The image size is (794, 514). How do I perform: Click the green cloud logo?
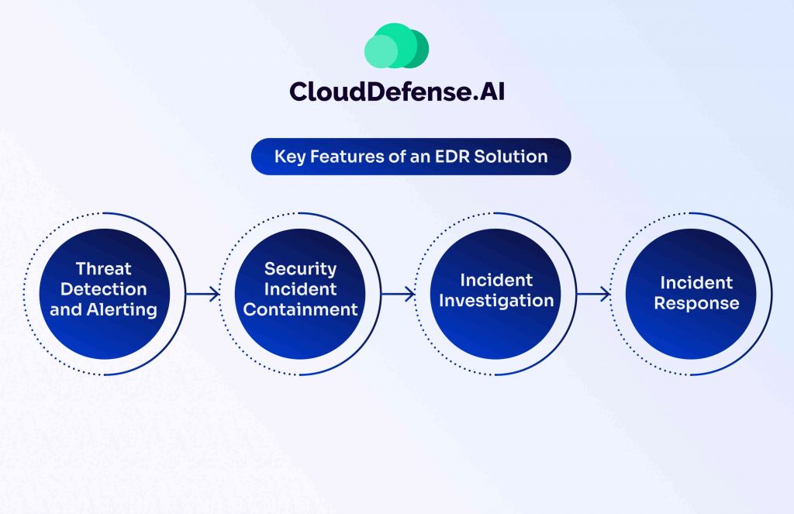[396, 46]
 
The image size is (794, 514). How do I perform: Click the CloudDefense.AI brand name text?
[397, 91]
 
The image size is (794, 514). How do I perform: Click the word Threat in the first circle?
[103, 268]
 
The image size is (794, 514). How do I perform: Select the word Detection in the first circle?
[104, 289]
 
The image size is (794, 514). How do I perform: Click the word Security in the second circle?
[300, 269]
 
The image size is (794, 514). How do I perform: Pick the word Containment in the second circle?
[300, 309]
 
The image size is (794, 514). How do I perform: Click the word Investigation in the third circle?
[496, 301]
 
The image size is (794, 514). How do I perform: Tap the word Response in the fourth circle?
[697, 303]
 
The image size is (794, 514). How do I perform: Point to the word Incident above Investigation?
[496, 280]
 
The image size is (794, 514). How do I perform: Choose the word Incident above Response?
[697, 282]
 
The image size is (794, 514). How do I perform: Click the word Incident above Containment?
[300, 289]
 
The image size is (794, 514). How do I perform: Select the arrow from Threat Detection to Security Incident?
[202, 294]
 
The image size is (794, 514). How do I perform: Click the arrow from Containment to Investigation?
[398, 294]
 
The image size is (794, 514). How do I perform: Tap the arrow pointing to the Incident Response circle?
[593, 294]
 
